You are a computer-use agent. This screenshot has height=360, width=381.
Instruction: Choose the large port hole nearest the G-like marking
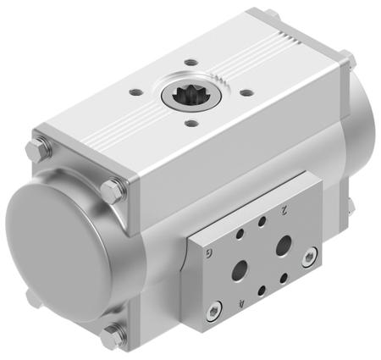(240, 269)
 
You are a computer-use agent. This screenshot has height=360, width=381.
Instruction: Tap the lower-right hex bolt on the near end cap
(111, 336)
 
